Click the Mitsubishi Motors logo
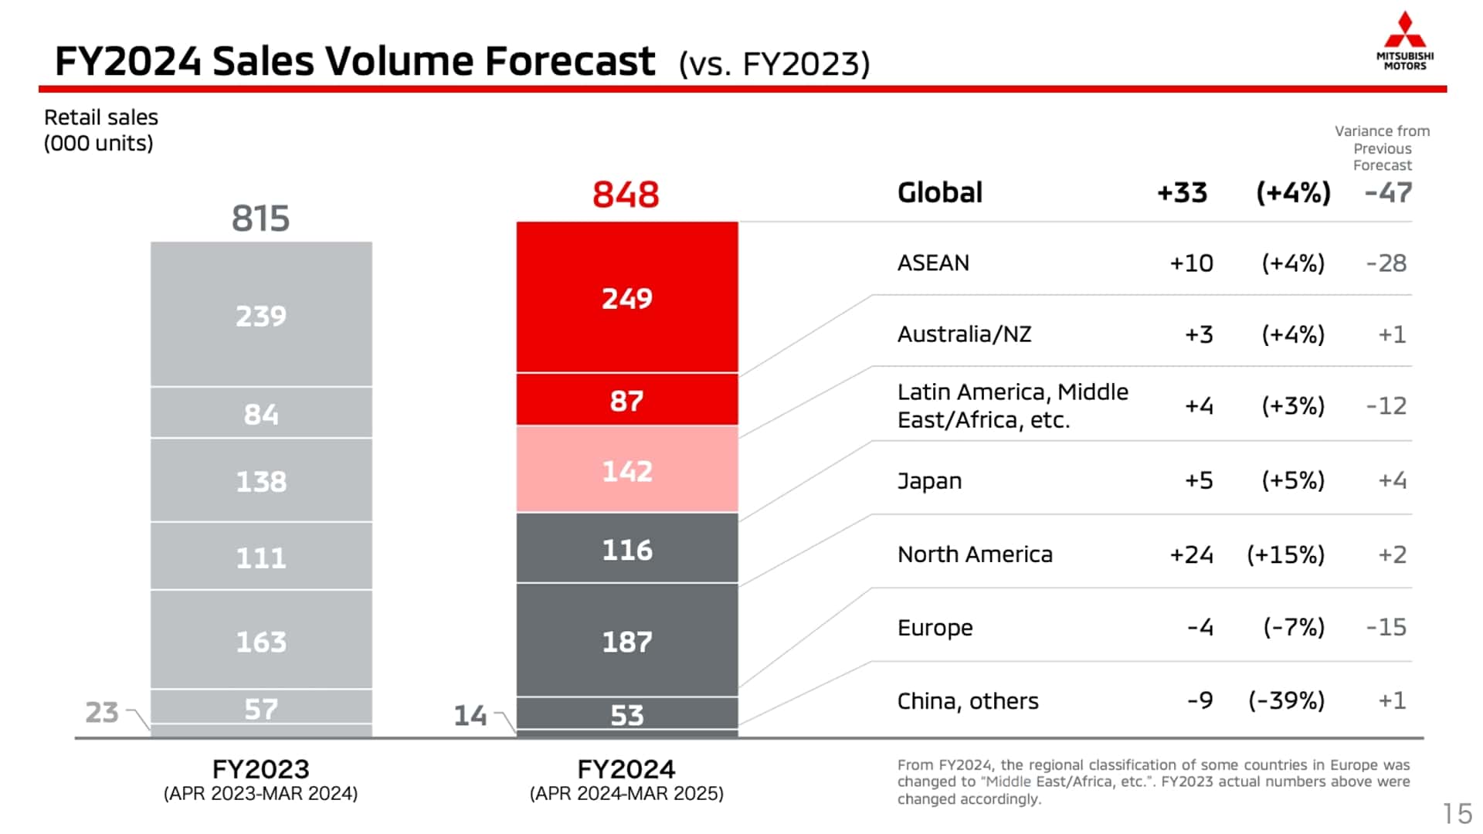coord(1404,41)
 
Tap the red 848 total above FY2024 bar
coord(626,195)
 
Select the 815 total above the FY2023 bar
coord(260,219)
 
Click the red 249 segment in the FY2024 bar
coord(626,299)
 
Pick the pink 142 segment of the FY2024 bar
coord(626,471)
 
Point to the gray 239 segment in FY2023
coord(260,316)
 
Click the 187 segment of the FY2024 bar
coord(626,642)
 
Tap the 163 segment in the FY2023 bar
coord(260,642)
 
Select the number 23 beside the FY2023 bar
coord(102,712)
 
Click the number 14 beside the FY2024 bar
coord(470,716)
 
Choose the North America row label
coord(975,554)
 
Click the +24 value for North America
coord(1190,554)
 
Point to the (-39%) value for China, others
coord(1286,700)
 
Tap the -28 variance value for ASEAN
coord(1386,263)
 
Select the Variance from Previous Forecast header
coord(1381,148)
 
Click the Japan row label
coord(929,481)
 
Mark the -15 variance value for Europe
coord(1386,627)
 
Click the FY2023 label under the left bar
coord(260,769)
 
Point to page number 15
coord(1457,813)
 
